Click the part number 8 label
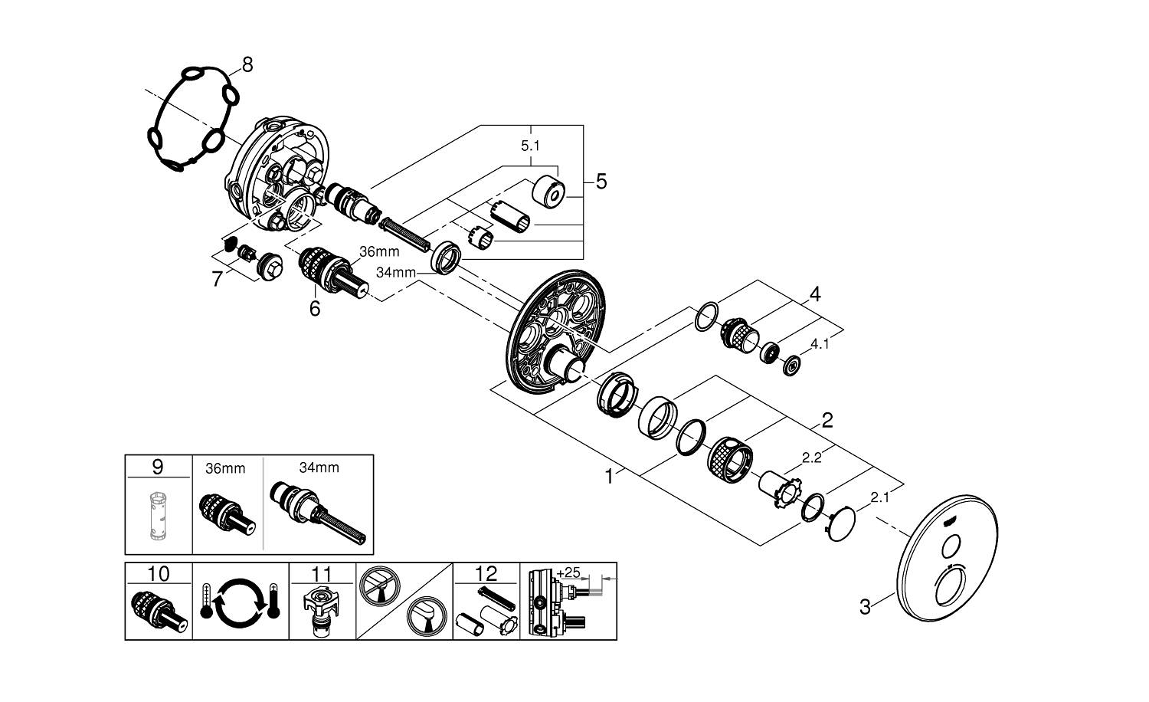[x=247, y=64]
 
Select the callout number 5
[x=601, y=182]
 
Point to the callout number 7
[x=218, y=279]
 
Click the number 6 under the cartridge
[x=314, y=308]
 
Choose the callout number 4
[x=815, y=294]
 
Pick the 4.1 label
[x=820, y=344]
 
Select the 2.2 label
[x=811, y=458]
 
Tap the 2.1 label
[x=880, y=497]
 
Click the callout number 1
[x=609, y=477]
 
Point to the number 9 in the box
[x=158, y=466]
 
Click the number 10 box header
[x=158, y=573]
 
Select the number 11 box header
[x=322, y=573]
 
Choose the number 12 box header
[x=486, y=573]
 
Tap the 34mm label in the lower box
[x=319, y=467]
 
